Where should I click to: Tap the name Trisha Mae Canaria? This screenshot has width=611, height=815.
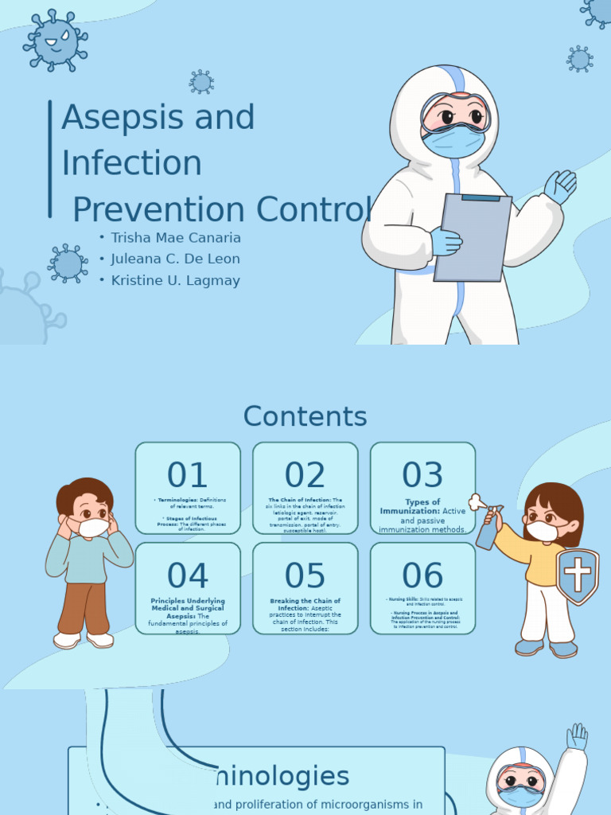(x=175, y=238)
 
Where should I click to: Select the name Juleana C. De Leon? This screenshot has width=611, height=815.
(x=175, y=259)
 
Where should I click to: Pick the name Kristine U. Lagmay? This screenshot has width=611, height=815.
(x=175, y=280)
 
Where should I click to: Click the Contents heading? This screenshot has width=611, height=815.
(x=305, y=416)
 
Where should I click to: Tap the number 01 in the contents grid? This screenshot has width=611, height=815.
(x=188, y=475)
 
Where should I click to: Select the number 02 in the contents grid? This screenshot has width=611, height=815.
(x=305, y=475)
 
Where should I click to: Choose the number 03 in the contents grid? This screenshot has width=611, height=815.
(x=422, y=475)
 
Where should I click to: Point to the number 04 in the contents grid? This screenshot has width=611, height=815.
(x=188, y=575)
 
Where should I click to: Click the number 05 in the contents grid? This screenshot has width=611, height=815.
(x=305, y=575)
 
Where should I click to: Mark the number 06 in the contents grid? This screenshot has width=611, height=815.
(x=422, y=575)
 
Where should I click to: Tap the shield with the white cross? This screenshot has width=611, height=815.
(x=578, y=575)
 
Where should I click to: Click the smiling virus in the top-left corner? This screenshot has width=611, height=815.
(x=55, y=41)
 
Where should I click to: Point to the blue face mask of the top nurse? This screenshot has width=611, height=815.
(x=453, y=142)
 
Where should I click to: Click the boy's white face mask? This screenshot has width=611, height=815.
(x=92, y=527)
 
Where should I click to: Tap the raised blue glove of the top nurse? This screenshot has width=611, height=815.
(x=561, y=187)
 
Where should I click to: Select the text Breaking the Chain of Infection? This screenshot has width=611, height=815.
(x=305, y=604)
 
